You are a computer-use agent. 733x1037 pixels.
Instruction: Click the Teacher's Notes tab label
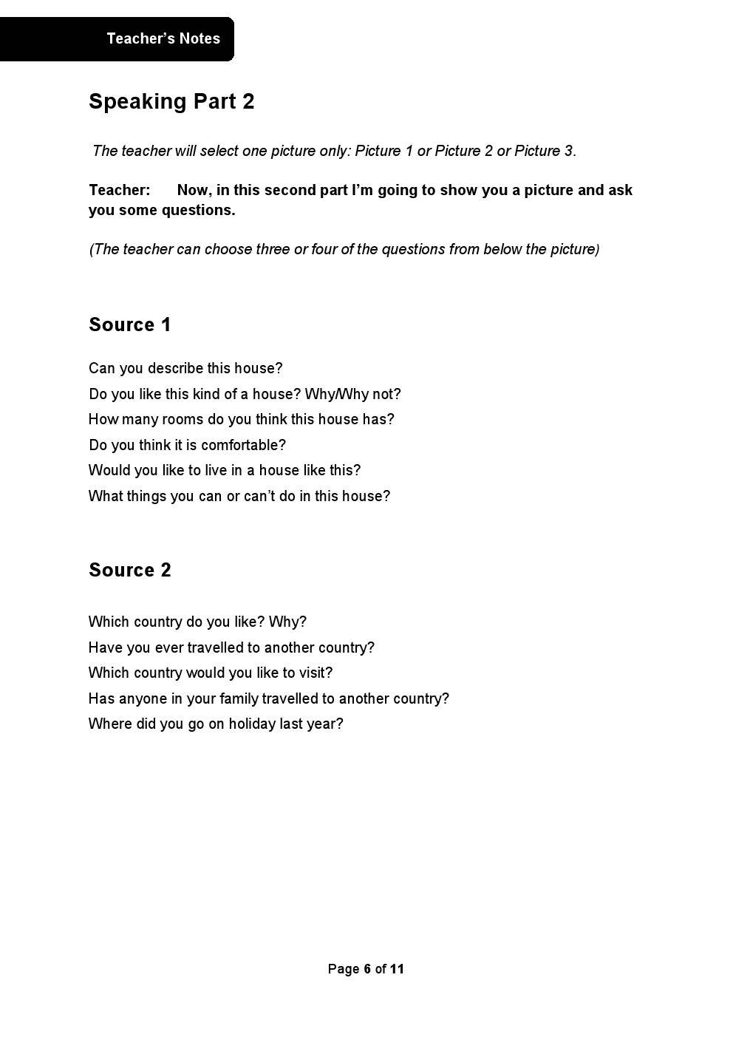[163, 38]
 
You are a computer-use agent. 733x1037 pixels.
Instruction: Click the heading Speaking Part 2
[171, 101]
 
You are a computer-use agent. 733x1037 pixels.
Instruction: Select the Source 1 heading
[130, 324]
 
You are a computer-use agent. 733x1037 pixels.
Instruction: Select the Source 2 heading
[130, 570]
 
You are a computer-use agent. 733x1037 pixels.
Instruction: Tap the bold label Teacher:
[119, 190]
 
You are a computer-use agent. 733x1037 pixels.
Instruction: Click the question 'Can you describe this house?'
[185, 368]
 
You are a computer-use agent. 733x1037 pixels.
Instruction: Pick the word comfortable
[239, 445]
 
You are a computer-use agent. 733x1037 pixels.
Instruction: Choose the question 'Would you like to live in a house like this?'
[225, 470]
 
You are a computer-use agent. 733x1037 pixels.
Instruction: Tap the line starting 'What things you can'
[239, 496]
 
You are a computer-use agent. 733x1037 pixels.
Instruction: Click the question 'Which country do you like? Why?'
[197, 622]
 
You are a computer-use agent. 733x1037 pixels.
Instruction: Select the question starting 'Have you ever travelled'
[231, 647]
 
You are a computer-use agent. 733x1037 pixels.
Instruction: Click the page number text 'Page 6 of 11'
[366, 969]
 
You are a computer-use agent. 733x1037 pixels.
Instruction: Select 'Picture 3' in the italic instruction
[544, 151]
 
